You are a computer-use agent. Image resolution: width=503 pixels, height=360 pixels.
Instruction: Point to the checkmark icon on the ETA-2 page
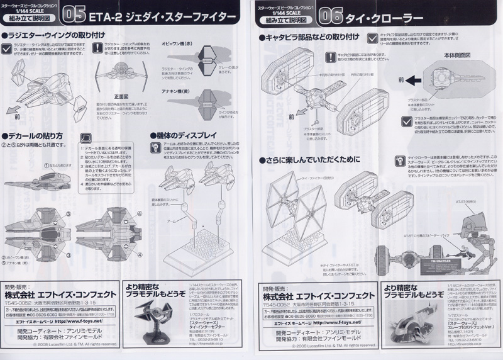tap(6, 48)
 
